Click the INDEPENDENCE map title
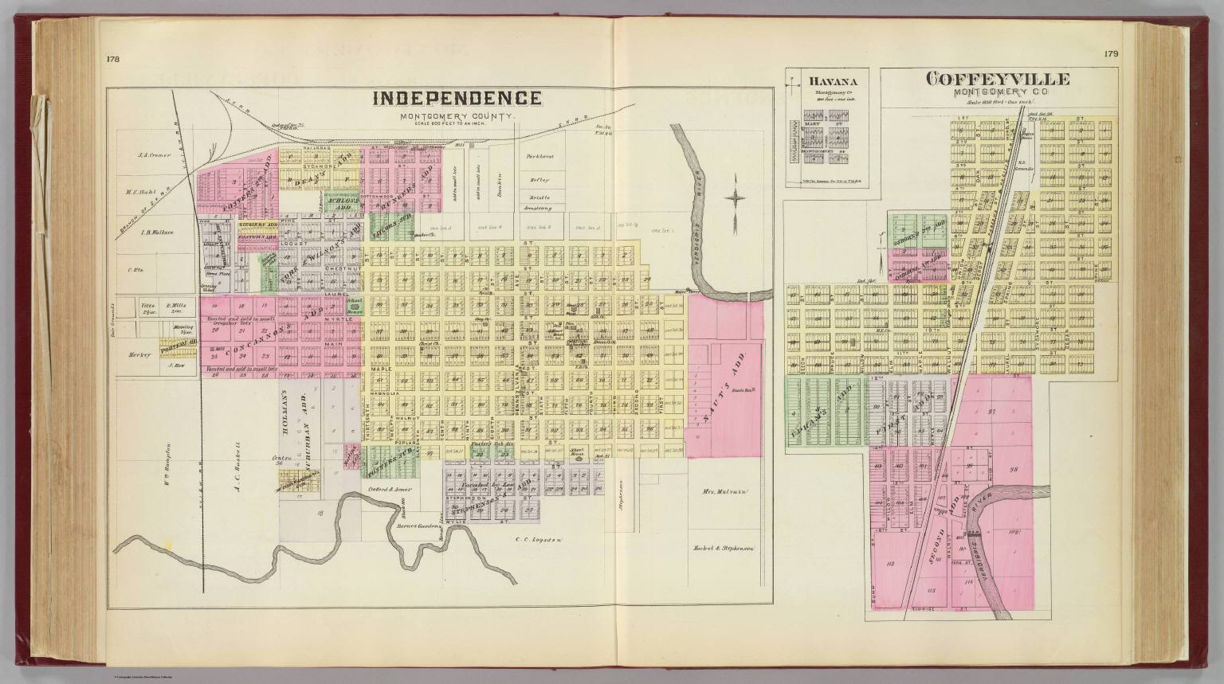click(457, 99)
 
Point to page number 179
click(1112, 54)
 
